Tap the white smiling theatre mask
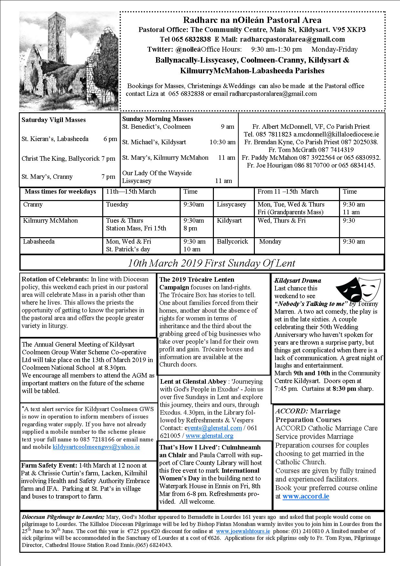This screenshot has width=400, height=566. [367, 286]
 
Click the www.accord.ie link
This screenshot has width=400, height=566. [305, 496]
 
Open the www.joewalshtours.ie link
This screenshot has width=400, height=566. [243, 531]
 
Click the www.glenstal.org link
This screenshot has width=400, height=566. [209, 436]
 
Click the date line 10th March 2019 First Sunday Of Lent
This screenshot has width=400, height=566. [211, 263]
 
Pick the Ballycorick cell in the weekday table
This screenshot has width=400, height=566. [232, 241]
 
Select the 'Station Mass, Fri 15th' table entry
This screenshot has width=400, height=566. [136, 228]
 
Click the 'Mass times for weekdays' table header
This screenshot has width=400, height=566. [60, 191]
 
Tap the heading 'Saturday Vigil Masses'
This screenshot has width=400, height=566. [54, 120]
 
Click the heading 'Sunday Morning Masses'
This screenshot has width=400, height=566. [157, 119]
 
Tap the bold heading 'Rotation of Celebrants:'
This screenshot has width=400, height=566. [55, 279]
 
